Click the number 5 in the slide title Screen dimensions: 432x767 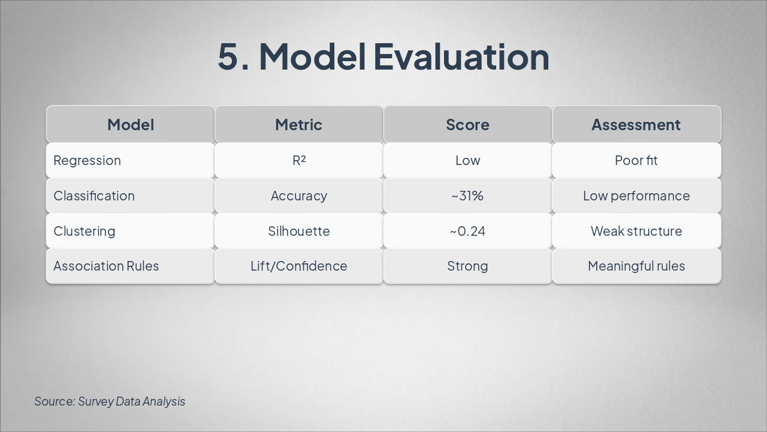[228, 56]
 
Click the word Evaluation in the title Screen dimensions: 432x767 [461, 56]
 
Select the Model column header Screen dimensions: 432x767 [131, 125]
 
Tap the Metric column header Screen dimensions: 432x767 [298, 125]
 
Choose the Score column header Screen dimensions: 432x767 [467, 125]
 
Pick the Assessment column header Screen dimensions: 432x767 [636, 125]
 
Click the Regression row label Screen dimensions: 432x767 [87, 160]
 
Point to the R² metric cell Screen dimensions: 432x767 [298, 160]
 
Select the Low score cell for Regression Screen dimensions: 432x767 [467, 160]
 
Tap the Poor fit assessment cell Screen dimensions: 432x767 [636, 160]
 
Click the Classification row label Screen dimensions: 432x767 [94, 196]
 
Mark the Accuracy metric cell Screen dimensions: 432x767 [298, 196]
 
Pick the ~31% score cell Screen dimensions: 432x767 [467, 196]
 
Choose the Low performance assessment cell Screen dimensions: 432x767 [636, 196]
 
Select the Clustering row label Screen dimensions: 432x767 [84, 231]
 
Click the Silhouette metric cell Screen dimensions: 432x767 [298, 231]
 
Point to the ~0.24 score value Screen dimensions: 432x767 [467, 231]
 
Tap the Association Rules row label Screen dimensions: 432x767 [106, 266]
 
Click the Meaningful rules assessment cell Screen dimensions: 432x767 [636, 266]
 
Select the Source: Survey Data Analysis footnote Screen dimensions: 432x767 [110, 401]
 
